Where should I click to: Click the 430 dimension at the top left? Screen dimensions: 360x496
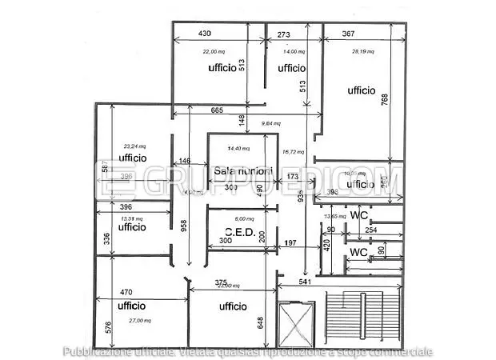coord(204,34)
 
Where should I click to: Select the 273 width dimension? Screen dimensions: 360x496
coord(284,34)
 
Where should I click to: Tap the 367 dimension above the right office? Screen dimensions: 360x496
coord(349,34)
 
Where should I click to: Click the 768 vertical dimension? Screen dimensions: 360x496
coord(385,99)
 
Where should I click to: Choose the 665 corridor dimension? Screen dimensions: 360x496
coord(216,110)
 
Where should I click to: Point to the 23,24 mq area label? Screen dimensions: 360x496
coord(133,146)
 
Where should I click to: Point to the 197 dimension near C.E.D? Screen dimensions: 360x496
coord(290,242)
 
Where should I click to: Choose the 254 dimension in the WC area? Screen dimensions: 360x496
coord(370,230)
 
